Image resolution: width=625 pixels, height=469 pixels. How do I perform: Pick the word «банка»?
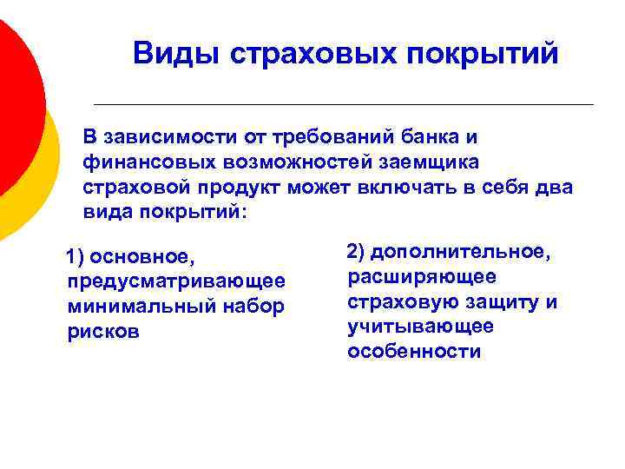click(431, 137)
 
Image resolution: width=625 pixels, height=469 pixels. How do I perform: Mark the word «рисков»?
click(102, 333)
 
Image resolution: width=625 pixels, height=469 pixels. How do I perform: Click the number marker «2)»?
click(356, 252)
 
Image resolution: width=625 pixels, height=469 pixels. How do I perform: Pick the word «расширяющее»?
click(422, 277)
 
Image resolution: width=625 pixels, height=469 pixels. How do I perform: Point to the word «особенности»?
click(414, 352)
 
